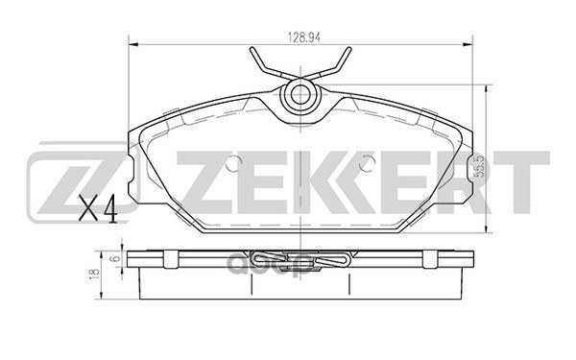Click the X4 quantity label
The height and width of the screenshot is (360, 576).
click(x=97, y=208)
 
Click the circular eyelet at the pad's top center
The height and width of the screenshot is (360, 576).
click(x=300, y=93)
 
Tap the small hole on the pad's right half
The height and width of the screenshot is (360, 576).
click(x=365, y=164)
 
